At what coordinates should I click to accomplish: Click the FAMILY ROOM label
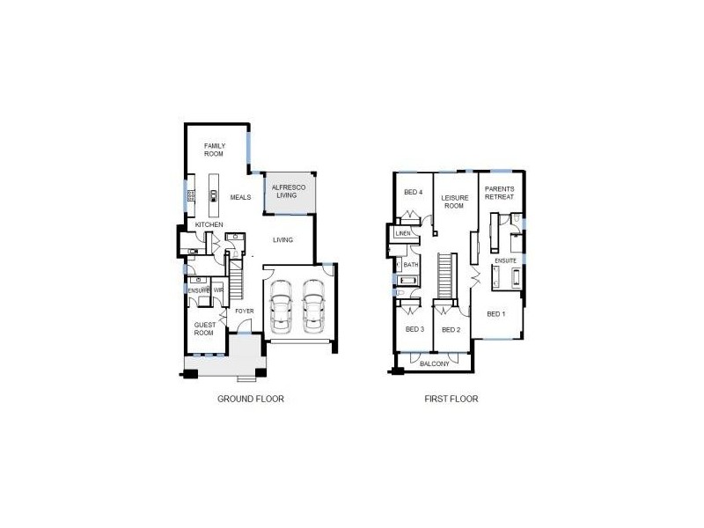pyautogui.click(x=215, y=150)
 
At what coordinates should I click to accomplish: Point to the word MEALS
pyautogui.click(x=241, y=198)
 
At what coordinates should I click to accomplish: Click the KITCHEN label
pyautogui.click(x=209, y=225)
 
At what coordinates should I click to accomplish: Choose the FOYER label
pyautogui.click(x=244, y=310)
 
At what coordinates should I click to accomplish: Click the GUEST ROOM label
pyautogui.click(x=204, y=329)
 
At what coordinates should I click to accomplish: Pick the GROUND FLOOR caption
pyautogui.click(x=250, y=399)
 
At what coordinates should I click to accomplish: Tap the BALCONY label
pyautogui.click(x=434, y=363)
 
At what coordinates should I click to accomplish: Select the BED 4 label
pyautogui.click(x=413, y=193)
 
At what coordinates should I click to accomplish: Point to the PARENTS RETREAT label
pyautogui.click(x=499, y=193)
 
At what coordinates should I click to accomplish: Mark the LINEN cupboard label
pyautogui.click(x=404, y=234)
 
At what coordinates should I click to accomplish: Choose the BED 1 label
pyautogui.click(x=495, y=314)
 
